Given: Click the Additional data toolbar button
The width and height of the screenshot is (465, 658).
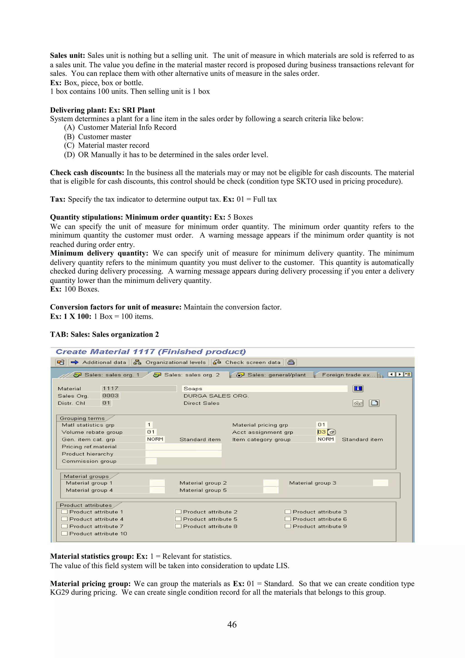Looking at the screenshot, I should tap(99, 362).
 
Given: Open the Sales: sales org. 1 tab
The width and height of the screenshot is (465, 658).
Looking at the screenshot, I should tap(107, 375).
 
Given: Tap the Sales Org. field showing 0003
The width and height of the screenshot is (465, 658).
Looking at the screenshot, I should tap(111, 396).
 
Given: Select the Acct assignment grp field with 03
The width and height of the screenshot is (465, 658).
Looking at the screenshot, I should tap(322, 432).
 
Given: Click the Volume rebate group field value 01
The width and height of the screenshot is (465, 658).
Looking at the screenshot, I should tap(151, 432).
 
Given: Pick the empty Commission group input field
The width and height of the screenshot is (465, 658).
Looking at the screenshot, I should tap(151, 461).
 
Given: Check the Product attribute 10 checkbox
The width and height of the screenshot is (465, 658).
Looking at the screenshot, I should tap(64, 533).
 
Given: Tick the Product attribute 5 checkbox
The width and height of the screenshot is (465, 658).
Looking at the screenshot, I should tap(178, 519).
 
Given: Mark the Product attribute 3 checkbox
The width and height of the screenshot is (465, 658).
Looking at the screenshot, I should tap(288, 512).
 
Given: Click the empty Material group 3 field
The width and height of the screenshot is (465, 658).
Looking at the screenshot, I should tap(380, 483).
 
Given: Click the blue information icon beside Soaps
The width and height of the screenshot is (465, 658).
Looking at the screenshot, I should tap(358, 389).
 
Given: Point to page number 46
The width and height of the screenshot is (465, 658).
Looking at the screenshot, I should tap(232, 624).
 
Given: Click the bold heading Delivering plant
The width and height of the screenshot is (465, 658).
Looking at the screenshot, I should tap(79, 110).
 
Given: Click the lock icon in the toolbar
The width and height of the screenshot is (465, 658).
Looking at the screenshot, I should tap(291, 362).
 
